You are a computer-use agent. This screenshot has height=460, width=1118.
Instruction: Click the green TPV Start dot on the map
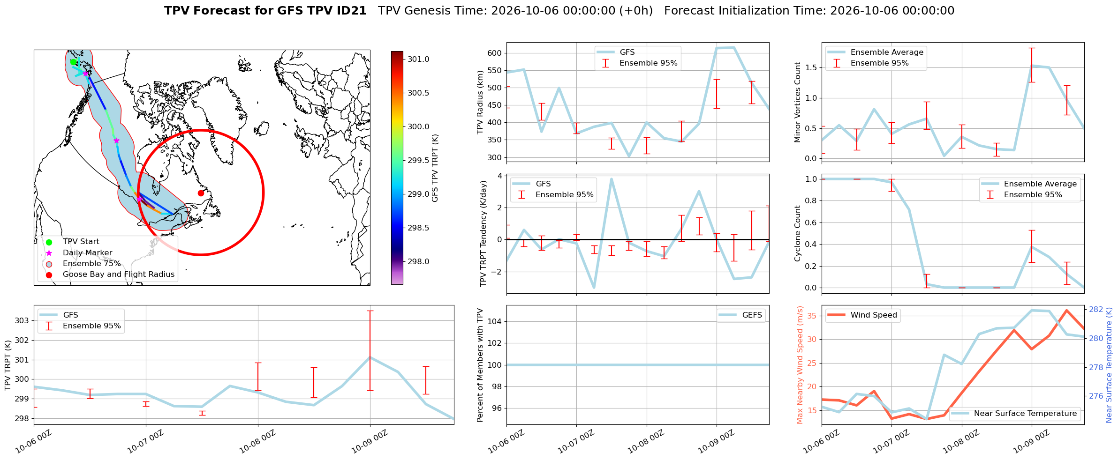(73, 62)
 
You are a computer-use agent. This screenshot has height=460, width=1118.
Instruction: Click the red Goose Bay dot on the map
(201, 193)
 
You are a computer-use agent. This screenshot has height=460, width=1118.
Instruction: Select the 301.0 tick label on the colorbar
(418, 59)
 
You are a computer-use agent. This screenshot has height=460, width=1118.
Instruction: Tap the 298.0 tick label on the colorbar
(418, 262)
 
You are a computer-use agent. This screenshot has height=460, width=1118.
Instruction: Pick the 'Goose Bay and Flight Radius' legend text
(119, 275)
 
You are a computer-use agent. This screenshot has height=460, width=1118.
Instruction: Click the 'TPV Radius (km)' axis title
(480, 102)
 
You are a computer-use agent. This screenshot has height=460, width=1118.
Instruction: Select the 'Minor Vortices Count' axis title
(797, 102)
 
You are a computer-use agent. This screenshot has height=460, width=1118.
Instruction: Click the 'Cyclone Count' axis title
(797, 233)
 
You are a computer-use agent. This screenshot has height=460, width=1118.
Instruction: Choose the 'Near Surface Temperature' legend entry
(1014, 414)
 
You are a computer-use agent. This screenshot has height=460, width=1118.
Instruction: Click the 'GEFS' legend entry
(741, 315)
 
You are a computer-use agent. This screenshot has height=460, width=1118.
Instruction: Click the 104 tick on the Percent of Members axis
(495, 321)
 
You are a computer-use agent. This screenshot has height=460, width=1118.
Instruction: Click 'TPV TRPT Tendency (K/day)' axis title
(483, 233)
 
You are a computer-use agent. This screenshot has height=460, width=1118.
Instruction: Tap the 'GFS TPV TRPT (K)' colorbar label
(435, 168)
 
